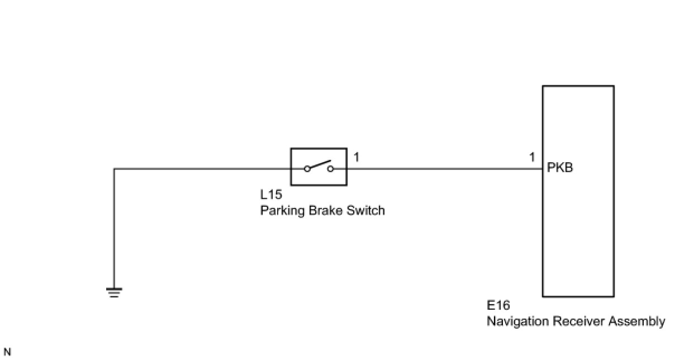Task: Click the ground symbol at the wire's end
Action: (x=114, y=292)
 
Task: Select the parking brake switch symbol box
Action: (x=319, y=166)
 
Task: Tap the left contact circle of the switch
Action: (x=307, y=168)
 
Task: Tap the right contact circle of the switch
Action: (x=330, y=168)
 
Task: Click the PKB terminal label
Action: (x=560, y=168)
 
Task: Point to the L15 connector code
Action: (x=272, y=195)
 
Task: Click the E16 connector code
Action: (x=498, y=306)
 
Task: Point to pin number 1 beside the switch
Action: (x=356, y=157)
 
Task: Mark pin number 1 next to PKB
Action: (x=533, y=157)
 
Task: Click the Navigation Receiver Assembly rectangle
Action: (x=578, y=235)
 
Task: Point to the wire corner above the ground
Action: (x=114, y=169)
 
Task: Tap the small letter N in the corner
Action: (x=7, y=352)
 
